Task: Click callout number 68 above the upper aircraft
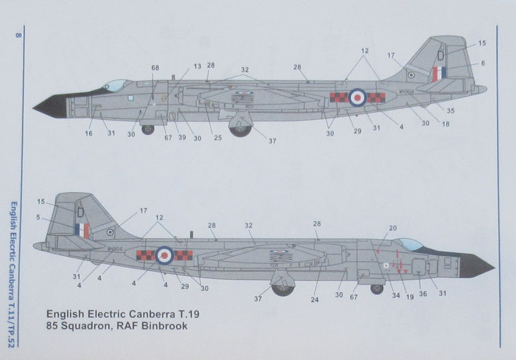(x=155, y=67)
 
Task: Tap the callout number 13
(x=197, y=66)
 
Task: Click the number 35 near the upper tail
(x=450, y=111)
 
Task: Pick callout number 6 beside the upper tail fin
(x=482, y=63)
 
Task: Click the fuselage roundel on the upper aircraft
(x=357, y=97)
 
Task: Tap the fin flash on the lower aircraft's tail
(x=82, y=230)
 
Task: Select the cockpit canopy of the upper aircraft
(x=116, y=85)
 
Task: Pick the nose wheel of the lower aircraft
(x=377, y=288)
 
